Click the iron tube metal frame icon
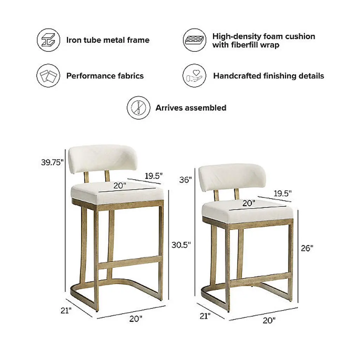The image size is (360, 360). click(x=49, y=40)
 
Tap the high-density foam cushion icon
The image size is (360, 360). click(x=194, y=40)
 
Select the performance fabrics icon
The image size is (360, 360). click(x=48, y=76)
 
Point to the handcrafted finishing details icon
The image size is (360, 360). click(x=194, y=76)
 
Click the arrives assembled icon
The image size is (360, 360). click(x=139, y=108)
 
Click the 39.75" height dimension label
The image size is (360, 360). click(x=52, y=162)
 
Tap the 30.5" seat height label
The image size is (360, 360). click(x=181, y=245)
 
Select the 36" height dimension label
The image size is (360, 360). click(x=186, y=180)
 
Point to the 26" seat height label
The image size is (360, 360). click(x=307, y=248)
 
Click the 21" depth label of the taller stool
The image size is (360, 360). click(x=66, y=310)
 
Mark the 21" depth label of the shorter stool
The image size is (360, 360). click(x=205, y=316)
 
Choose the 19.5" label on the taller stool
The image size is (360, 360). click(x=154, y=176)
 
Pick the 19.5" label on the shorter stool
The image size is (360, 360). click(x=283, y=193)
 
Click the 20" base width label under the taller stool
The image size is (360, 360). click(x=136, y=319)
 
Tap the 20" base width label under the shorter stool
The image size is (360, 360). click(x=269, y=320)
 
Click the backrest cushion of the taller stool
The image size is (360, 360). click(x=103, y=159)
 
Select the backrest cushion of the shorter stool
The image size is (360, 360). click(x=232, y=177)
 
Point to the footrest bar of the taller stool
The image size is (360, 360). click(x=130, y=262)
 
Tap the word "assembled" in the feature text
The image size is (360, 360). click(x=205, y=108)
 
